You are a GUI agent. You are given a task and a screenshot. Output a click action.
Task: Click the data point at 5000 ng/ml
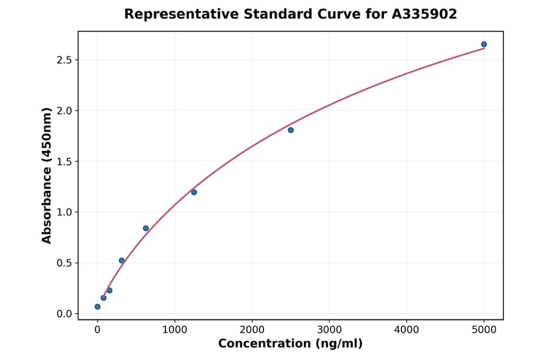pyautogui.click(x=484, y=44)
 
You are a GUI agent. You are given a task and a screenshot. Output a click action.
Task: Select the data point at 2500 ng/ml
pyautogui.click(x=291, y=130)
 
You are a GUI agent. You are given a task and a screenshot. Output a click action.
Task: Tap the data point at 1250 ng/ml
pyautogui.click(x=194, y=192)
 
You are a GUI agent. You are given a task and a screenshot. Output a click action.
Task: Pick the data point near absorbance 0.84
pyautogui.click(x=146, y=228)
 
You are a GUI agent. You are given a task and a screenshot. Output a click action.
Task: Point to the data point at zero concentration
pyautogui.click(x=97, y=307)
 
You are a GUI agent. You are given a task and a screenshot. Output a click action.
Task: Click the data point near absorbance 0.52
pyautogui.click(x=122, y=261)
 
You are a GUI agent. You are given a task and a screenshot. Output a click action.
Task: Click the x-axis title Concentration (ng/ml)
pyautogui.click(x=291, y=344)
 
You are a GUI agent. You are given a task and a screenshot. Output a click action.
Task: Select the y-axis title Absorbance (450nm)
pyautogui.click(x=47, y=176)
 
